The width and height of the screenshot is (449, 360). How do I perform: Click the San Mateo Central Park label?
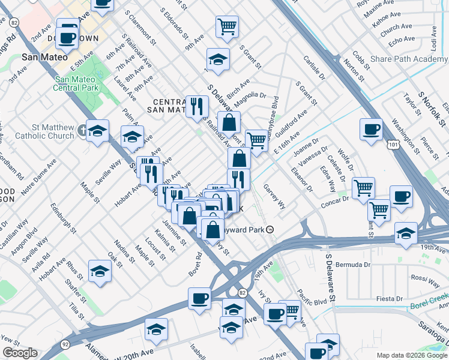tap(76, 83)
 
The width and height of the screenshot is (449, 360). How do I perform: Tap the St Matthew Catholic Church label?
tap(54, 131)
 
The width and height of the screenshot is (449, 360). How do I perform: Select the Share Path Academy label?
tap(409, 59)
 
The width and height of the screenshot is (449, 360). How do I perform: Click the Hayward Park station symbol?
tap(270, 229)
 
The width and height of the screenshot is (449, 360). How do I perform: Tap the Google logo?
tap(20, 352)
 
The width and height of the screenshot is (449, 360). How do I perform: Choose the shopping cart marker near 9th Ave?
tap(227, 26)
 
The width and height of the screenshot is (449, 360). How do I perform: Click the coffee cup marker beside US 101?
tap(371, 129)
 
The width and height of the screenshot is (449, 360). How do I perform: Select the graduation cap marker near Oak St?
tap(100, 271)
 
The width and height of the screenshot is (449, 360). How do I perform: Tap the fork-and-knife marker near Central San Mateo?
tap(196, 107)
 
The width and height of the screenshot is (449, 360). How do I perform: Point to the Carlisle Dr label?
tap(314, 70)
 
